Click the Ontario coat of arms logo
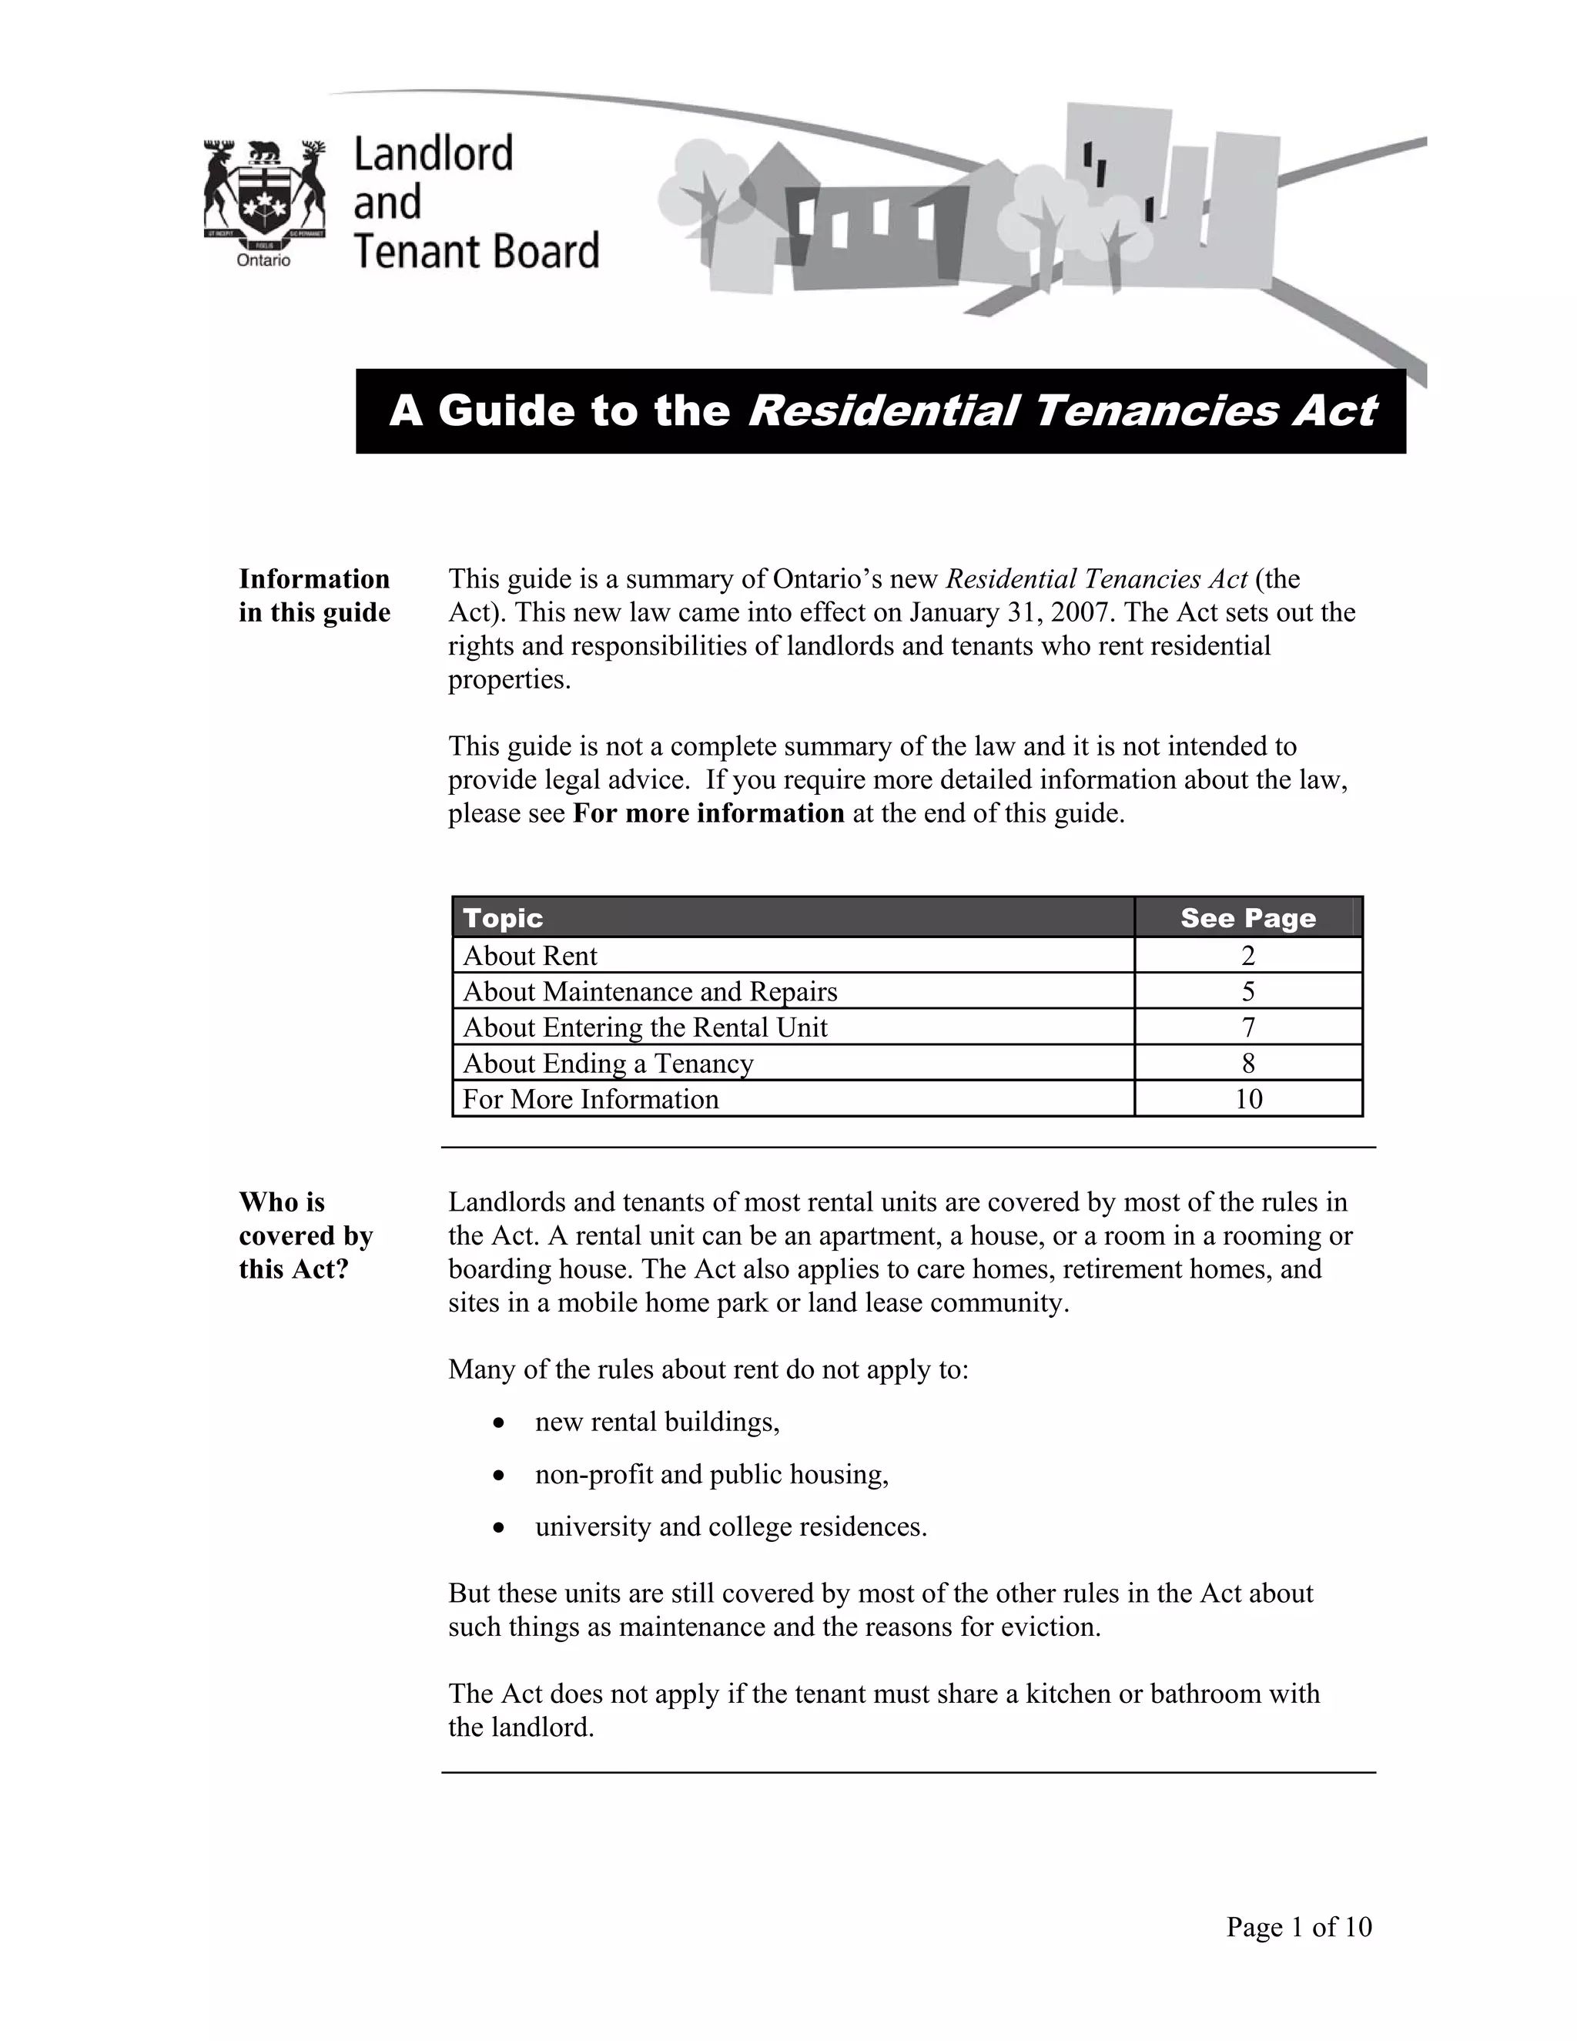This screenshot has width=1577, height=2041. coord(263,193)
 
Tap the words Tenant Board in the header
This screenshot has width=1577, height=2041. coord(476,251)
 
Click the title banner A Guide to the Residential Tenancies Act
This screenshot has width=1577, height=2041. coord(881,411)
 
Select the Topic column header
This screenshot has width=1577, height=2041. coord(503,918)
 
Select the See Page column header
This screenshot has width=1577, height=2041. coord(1247,918)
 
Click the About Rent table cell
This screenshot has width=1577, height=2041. coord(530,956)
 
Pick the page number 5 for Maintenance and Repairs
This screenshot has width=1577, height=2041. coord(1248,991)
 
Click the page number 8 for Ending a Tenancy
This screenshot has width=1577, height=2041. coord(1248,1064)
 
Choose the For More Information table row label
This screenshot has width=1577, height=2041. coord(591,1099)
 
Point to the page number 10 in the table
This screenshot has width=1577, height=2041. coord(1248,1099)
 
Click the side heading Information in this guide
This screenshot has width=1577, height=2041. coord(314,595)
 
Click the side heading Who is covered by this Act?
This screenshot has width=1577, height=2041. coord(306,1235)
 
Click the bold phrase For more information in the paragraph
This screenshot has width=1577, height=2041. coord(708,813)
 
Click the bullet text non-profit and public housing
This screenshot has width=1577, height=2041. coord(711,1475)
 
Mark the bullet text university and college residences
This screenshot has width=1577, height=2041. coord(731,1527)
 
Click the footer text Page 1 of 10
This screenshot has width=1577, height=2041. coord(1298,1926)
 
